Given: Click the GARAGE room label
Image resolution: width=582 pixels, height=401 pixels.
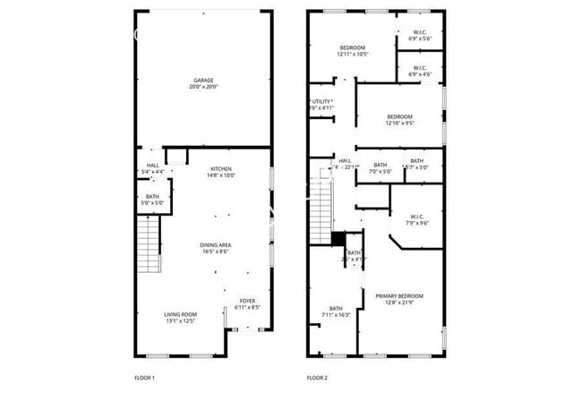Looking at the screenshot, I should (x=202, y=83).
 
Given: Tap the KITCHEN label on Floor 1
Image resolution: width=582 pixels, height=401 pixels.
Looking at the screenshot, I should (x=221, y=172).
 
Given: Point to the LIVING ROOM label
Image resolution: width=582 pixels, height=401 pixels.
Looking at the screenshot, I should (x=180, y=317).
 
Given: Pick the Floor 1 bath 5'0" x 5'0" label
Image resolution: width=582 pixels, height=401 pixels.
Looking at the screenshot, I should (x=153, y=200).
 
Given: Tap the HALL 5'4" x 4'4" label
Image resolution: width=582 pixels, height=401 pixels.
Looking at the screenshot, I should (x=153, y=167).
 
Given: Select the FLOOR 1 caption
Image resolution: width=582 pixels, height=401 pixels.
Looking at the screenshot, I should (x=144, y=378).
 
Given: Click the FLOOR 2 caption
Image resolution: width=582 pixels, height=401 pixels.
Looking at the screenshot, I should (x=318, y=378).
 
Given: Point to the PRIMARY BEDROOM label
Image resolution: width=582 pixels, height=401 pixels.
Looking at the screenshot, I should (x=399, y=299).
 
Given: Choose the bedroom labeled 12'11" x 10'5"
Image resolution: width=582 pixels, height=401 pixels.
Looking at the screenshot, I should (x=353, y=50).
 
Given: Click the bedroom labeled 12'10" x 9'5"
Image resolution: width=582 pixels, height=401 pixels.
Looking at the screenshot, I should (x=399, y=120).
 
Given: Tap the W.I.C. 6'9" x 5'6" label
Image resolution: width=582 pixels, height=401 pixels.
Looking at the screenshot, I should (x=420, y=36).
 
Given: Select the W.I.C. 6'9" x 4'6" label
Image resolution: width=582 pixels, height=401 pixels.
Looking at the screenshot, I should (x=420, y=72).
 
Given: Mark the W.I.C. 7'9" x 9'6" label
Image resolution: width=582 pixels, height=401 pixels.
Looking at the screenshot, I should (x=417, y=219).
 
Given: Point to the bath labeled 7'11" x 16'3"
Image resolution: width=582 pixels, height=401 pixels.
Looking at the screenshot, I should (x=336, y=311).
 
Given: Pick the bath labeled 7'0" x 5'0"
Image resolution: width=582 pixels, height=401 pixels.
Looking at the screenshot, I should (x=381, y=167).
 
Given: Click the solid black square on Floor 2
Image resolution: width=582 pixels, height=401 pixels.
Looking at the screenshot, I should (x=338, y=238).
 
